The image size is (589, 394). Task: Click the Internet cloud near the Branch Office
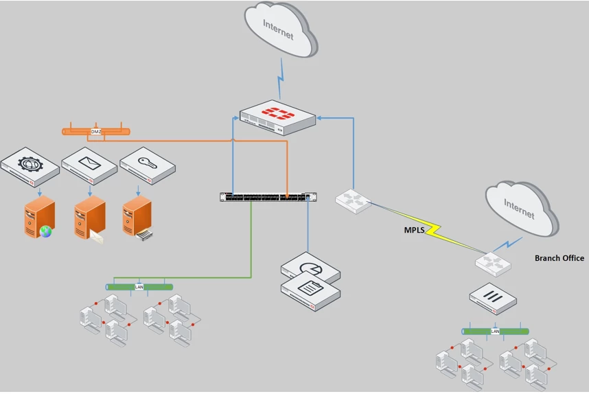click(522, 209)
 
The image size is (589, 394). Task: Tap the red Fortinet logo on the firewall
click(278, 113)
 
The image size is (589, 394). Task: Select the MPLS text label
click(414, 230)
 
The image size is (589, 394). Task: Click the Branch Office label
click(559, 258)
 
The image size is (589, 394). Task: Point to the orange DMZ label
click(96, 132)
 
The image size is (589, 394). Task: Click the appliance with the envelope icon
click(89, 165)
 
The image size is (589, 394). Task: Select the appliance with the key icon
click(148, 165)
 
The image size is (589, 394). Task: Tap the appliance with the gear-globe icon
click(30, 167)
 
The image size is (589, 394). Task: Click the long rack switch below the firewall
click(268, 197)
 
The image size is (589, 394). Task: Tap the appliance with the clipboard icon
click(311, 291)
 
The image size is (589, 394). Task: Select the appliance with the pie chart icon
click(311, 267)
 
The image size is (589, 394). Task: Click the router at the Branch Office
click(493, 264)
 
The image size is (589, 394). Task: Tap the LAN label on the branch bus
click(495, 332)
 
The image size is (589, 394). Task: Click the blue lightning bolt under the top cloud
click(281, 78)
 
